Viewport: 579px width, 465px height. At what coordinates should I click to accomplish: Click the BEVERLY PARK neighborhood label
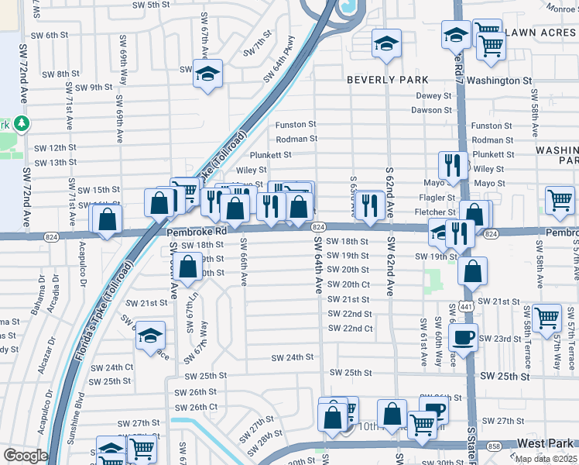click(x=387, y=80)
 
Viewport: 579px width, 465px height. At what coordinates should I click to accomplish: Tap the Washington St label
click(x=499, y=81)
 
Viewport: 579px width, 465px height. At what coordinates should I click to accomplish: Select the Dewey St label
click(x=433, y=96)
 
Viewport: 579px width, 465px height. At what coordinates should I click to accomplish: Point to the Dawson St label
click(x=431, y=110)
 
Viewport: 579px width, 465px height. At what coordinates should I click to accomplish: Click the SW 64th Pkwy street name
click(x=279, y=59)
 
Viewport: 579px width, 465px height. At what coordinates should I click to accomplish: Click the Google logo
click(x=26, y=456)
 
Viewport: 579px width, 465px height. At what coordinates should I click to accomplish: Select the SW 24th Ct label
click(x=111, y=367)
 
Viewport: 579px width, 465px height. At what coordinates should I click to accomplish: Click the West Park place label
click(x=544, y=443)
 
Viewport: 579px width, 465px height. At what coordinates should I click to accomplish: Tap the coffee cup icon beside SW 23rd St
click(x=464, y=337)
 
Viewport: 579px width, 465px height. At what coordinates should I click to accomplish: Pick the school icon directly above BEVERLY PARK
click(x=385, y=43)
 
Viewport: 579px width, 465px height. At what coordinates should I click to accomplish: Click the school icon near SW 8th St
click(x=207, y=74)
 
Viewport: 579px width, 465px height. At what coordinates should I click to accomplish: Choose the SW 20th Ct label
click(x=348, y=284)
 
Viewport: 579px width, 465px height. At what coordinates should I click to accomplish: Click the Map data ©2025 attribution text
click(x=546, y=459)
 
